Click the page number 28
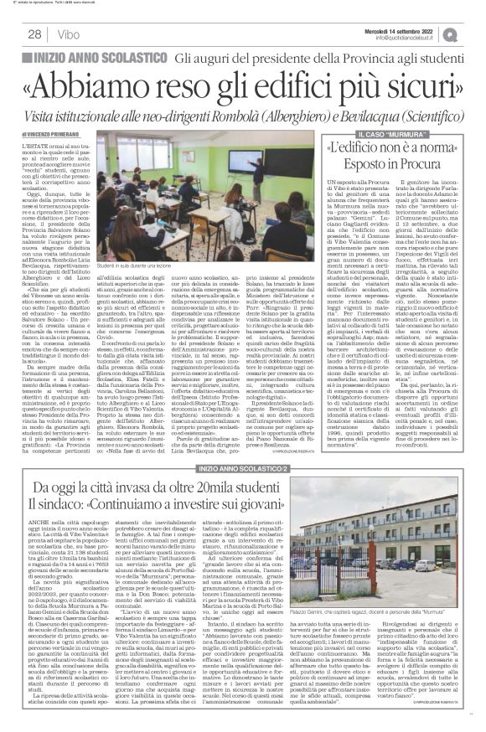pyautogui.click(x=35, y=34)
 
